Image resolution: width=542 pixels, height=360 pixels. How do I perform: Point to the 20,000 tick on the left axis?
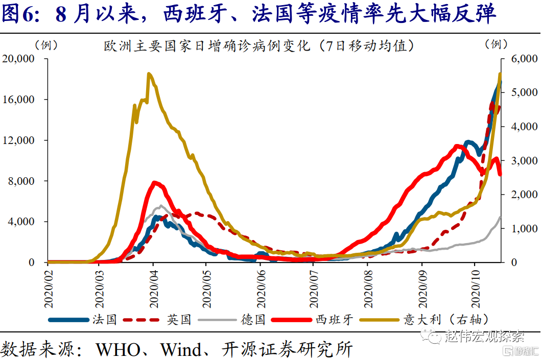[18, 59]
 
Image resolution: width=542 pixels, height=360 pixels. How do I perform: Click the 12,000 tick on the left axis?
[18, 140]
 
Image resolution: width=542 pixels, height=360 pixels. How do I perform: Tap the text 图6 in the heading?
[19, 15]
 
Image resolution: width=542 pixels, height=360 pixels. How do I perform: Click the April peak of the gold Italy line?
[149, 75]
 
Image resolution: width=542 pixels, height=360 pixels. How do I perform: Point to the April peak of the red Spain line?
[155, 182]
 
